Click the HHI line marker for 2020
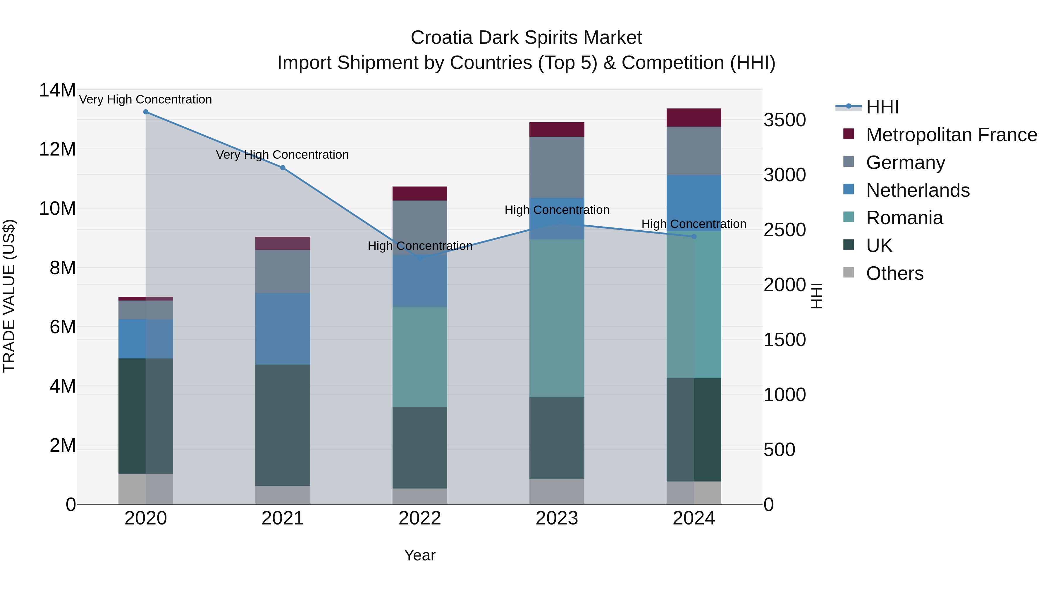pyautogui.click(x=146, y=112)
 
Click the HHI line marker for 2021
pyautogui.click(x=283, y=168)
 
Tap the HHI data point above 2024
pyautogui.click(x=694, y=237)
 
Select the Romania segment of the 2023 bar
pyautogui.click(x=557, y=318)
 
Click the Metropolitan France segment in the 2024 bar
pyautogui.click(x=694, y=118)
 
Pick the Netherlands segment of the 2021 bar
pyautogui.click(x=283, y=329)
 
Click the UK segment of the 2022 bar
pyautogui.click(x=419, y=448)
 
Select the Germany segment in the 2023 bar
pyautogui.click(x=557, y=168)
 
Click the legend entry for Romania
pyautogui.click(x=904, y=218)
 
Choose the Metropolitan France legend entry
pyautogui.click(x=951, y=135)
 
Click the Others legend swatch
pyautogui.click(x=849, y=272)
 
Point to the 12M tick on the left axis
pyautogui.click(x=57, y=149)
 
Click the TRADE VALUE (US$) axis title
pyautogui.click(x=9, y=296)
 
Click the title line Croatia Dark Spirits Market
pyautogui.click(x=526, y=38)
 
